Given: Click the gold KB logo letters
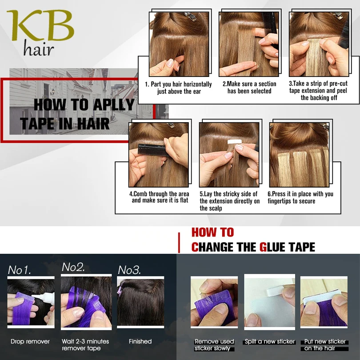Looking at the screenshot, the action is pos(40,25).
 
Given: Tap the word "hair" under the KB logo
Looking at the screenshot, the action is pos(39,48).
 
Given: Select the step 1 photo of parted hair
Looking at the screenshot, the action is pos(179,44).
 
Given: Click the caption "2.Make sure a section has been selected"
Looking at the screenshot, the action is pos(249,88).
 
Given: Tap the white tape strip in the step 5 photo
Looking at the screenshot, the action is pos(234,142).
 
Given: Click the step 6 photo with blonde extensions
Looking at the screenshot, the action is pos(299,155).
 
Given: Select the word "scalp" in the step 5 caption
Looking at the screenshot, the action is pos(216,208).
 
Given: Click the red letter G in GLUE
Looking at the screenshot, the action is pos(263,247).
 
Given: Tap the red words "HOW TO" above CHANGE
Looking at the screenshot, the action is pos(212,232).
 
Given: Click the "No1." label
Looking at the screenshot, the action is pos(19,270).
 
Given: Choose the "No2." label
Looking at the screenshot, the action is pos(73,267).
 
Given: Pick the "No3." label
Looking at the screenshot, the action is pos(129,270).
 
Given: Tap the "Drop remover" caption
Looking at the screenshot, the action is pos(30,341).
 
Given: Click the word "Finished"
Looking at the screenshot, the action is pos(140,341).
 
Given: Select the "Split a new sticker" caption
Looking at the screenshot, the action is pos(270,341).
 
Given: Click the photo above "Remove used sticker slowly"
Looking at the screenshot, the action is pos(214,302).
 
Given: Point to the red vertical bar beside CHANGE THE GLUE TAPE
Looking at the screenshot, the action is pos(179,243).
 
